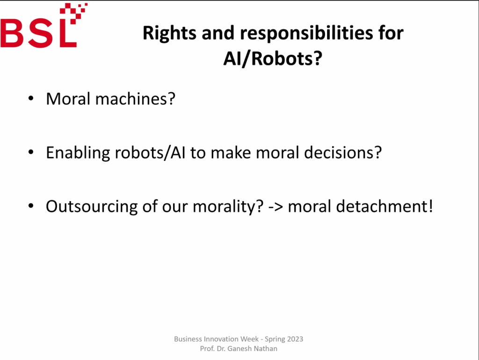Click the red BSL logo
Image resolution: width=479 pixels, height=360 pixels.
tap(44, 25)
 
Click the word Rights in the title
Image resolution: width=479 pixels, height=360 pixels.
tap(170, 33)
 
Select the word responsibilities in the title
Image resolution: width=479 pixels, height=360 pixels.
tap(306, 33)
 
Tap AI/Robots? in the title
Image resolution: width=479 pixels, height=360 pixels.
tap(273, 58)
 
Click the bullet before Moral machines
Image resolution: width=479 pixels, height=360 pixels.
tap(30, 98)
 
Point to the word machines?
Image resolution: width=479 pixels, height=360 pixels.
tap(135, 99)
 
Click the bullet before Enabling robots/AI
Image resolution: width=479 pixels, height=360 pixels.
tap(30, 152)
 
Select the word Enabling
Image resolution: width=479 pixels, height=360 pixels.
tap(78, 153)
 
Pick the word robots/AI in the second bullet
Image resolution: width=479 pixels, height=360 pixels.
tap(150, 152)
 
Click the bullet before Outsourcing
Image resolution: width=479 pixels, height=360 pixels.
tap(30, 206)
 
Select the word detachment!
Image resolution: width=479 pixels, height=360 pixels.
tap(385, 206)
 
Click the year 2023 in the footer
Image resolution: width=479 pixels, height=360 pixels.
tap(295, 339)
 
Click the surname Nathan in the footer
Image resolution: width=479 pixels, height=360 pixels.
tap(265, 348)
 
